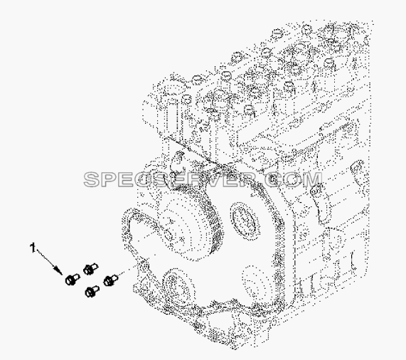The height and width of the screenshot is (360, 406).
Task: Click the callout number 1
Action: (33, 248)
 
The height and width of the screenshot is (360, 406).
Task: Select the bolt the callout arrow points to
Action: (72, 280)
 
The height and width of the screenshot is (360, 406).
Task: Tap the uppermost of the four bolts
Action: (90, 269)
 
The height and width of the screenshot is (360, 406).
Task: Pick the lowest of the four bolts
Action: (92, 292)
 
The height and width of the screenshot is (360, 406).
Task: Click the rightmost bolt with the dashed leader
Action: (110, 280)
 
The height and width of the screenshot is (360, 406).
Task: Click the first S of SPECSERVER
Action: (92, 179)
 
